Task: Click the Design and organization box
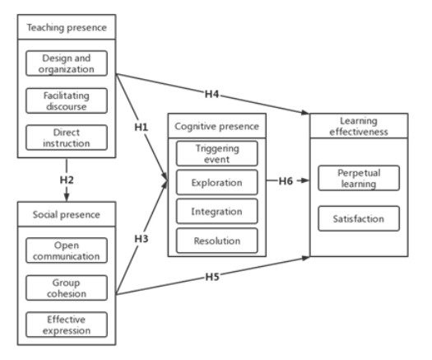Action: (67, 63)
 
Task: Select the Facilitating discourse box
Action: (67, 101)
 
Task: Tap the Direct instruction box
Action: (67, 138)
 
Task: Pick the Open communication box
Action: (67, 250)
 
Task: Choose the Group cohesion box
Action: (67, 288)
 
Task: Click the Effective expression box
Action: (67, 325)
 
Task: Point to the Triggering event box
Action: (217, 153)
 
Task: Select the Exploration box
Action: (217, 182)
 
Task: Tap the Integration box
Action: (217, 212)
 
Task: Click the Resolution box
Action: (217, 241)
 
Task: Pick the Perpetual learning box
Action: (359, 178)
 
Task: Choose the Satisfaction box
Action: (359, 218)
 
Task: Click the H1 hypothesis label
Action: (142, 127)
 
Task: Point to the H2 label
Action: (67, 180)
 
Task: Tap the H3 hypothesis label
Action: (142, 239)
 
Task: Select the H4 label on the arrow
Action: (211, 94)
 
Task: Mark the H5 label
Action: (212, 277)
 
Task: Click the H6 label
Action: (286, 181)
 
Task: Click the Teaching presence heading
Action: (67, 27)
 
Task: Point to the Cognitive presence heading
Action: (217, 126)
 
